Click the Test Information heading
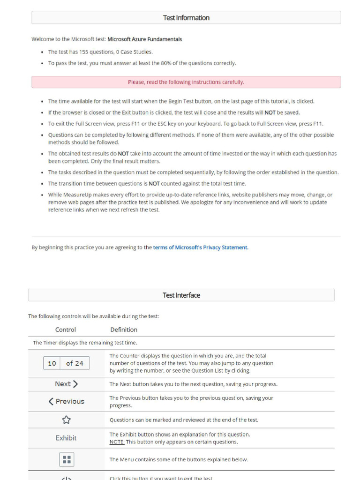point(186,18)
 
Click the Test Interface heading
point(181,295)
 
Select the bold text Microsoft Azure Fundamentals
point(145,39)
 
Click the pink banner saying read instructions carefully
point(186,82)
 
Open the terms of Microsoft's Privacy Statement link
point(200,247)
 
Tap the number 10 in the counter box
point(52,363)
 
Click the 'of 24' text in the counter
point(75,363)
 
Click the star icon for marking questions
point(66,420)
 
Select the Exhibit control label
point(66,438)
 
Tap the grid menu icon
point(67,459)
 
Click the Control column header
point(66,330)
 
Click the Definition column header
point(124,330)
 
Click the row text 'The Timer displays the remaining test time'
point(85,343)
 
